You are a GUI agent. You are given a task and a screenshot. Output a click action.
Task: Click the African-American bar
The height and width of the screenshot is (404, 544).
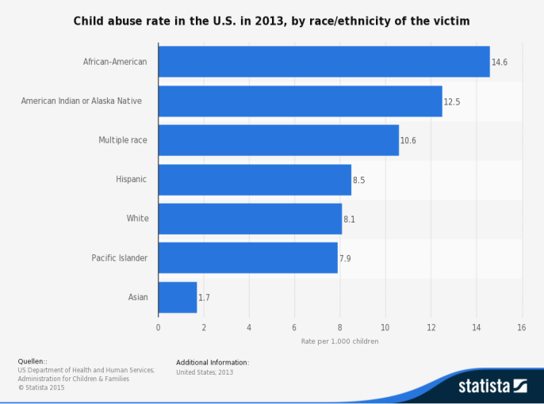pos(324,62)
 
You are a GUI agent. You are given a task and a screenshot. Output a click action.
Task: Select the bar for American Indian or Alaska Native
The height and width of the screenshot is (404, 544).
pos(300,101)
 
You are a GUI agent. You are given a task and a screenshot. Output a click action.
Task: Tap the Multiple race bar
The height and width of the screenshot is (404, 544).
pos(278,140)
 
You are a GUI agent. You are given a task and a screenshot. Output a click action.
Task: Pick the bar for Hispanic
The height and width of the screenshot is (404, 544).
pos(255,180)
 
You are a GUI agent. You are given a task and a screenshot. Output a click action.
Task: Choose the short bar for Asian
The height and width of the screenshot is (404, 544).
pos(178,297)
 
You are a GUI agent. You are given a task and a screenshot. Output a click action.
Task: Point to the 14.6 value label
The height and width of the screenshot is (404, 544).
pos(500,62)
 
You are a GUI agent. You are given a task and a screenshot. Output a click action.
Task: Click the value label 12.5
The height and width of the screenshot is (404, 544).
pos(452,101)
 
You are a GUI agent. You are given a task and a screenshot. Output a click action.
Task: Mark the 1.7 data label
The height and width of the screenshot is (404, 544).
pos(205,298)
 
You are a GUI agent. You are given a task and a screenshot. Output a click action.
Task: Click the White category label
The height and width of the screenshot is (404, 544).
pos(137,219)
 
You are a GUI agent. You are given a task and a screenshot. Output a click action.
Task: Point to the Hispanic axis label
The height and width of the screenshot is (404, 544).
pos(132,180)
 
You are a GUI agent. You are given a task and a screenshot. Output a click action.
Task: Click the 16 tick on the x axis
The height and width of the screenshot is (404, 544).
pos(521,327)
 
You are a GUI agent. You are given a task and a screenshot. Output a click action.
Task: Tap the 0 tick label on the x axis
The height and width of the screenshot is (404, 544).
pos(158,327)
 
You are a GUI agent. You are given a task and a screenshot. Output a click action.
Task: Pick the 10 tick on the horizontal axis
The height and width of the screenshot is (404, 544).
pos(385,327)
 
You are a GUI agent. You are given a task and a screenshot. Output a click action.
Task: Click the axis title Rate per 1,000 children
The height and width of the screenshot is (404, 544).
pos(339,341)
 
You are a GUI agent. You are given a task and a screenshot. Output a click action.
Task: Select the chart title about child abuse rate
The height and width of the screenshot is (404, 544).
pos(272,20)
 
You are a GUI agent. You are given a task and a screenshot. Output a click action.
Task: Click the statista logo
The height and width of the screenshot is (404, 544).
pos(492,386)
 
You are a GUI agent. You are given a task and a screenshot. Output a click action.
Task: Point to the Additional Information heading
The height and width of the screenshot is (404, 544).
pos(213,363)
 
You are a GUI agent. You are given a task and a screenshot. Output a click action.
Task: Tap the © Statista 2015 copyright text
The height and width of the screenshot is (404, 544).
pos(41,387)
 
